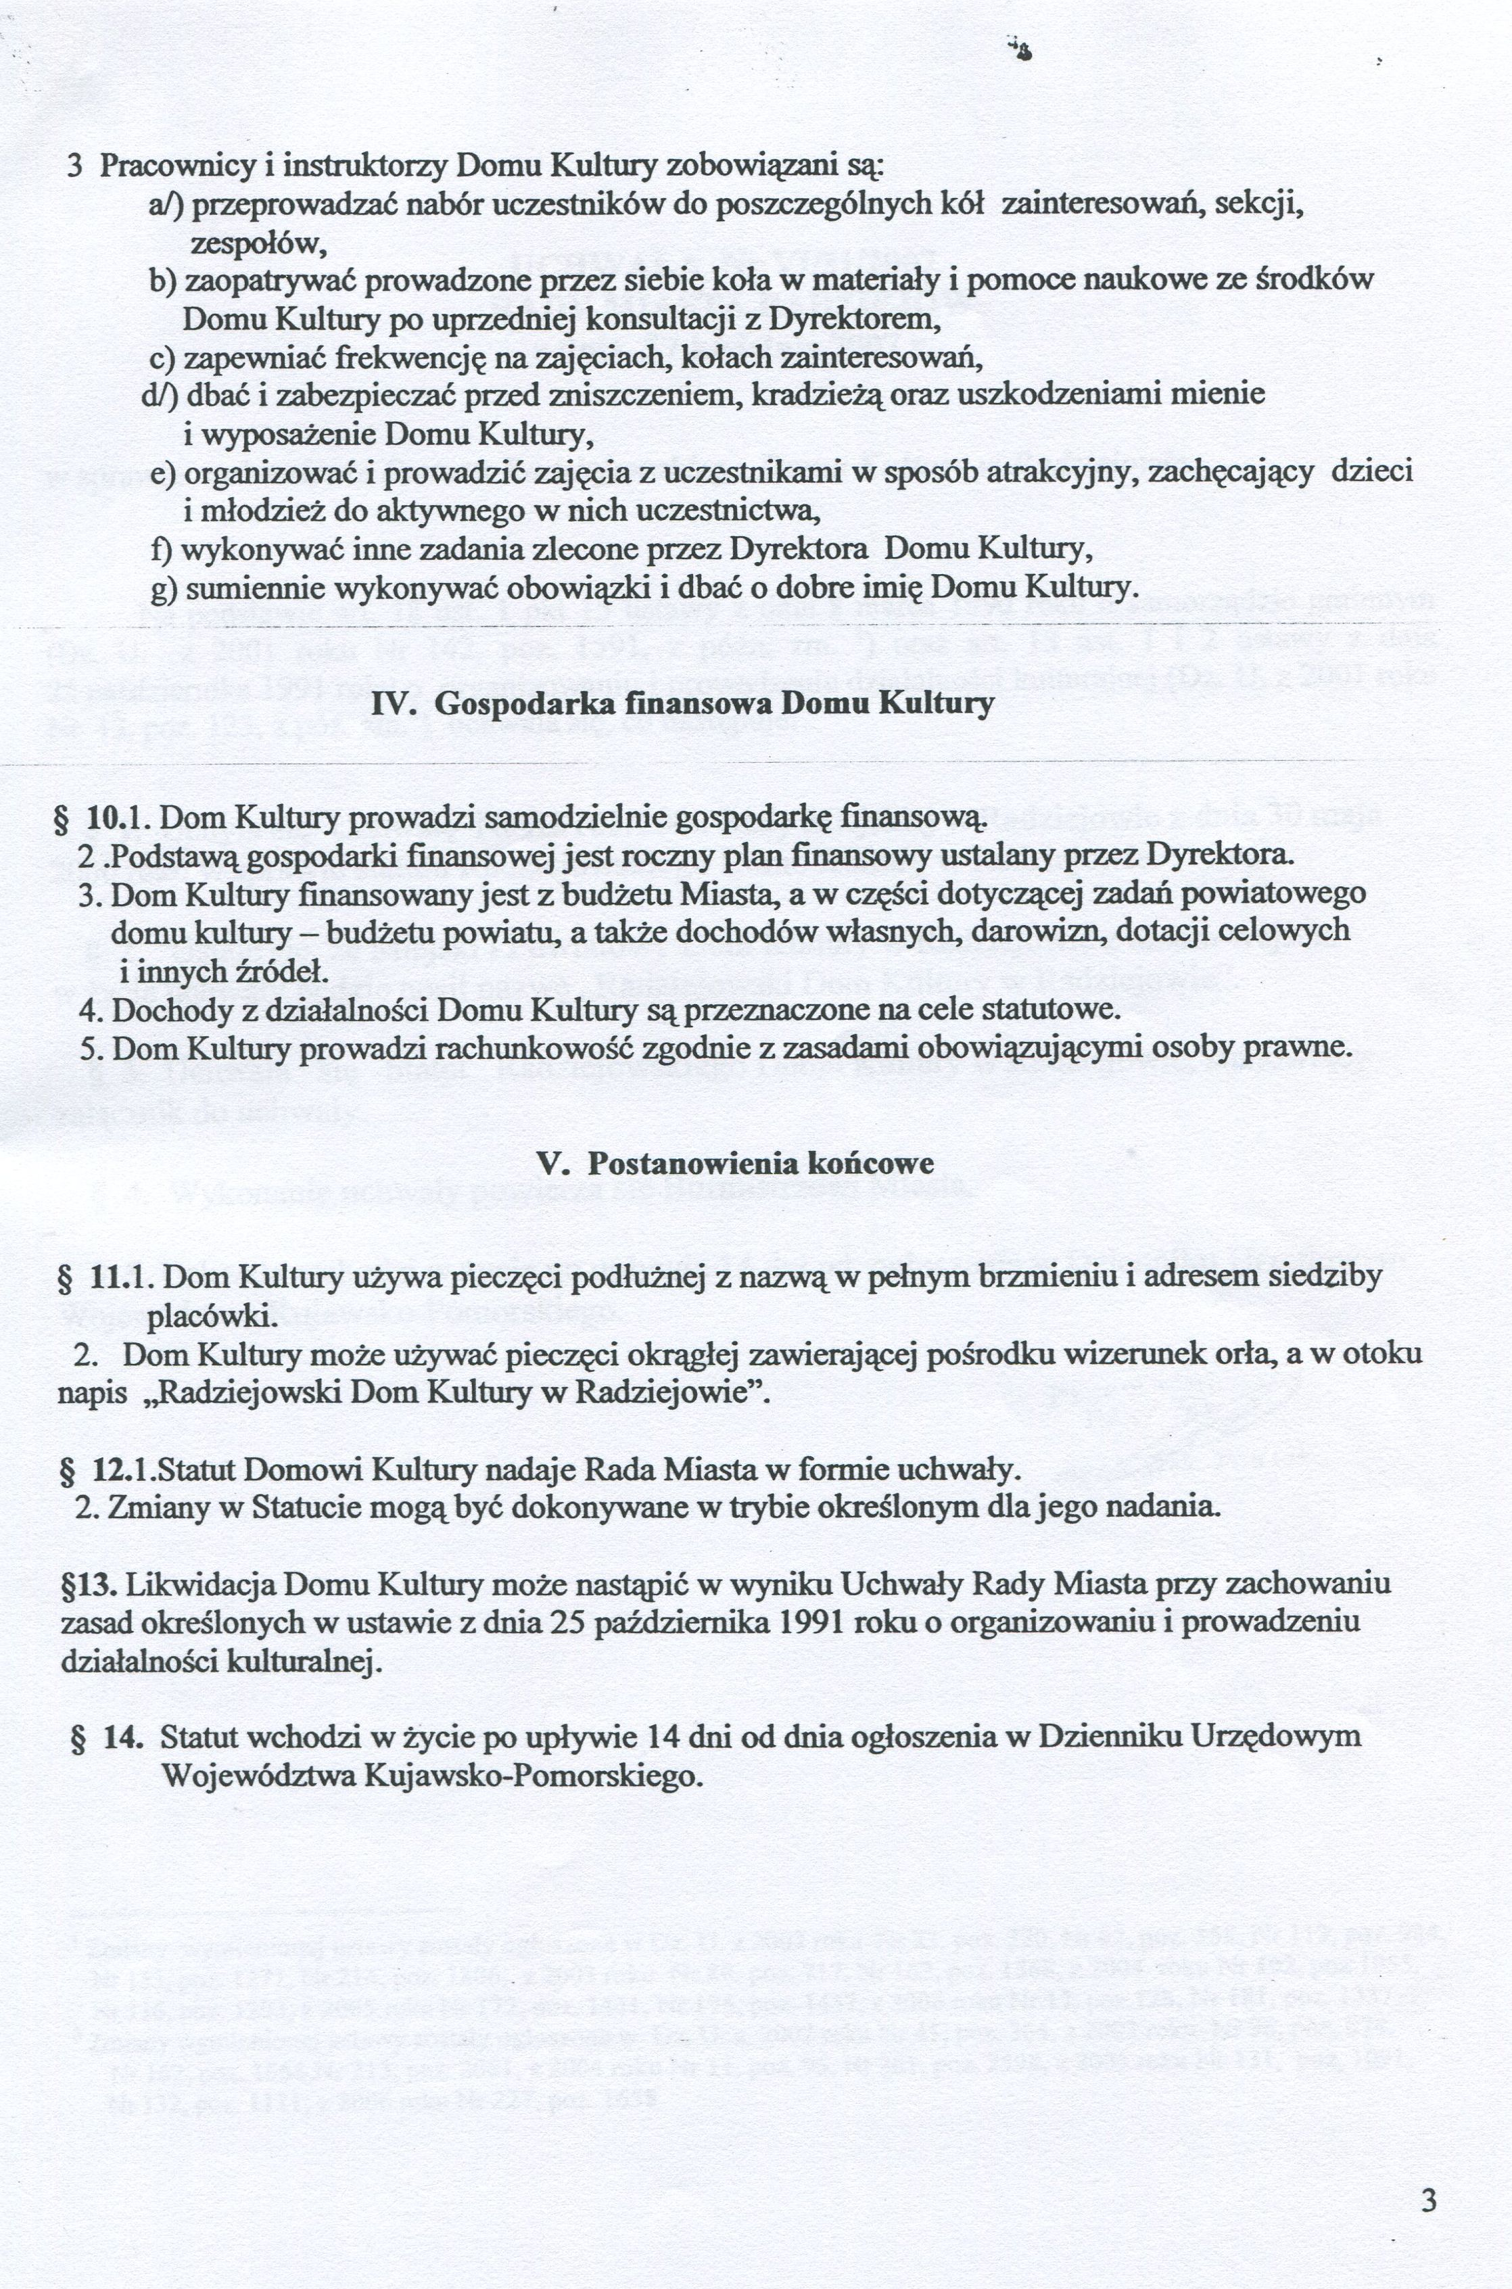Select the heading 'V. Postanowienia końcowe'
[x=735, y=1163]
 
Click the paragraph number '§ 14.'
[x=108, y=1736]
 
